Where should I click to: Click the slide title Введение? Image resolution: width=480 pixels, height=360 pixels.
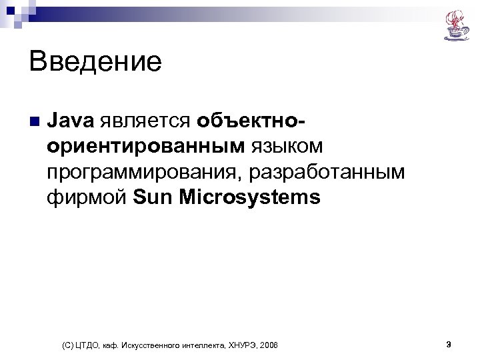tap(95, 63)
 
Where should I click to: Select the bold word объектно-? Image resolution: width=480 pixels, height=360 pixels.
tap(251, 121)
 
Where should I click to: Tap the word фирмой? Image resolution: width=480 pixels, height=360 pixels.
tap(87, 197)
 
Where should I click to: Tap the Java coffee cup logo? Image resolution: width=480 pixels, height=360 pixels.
tap(456, 25)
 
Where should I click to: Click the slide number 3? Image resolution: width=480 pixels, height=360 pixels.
tap(449, 344)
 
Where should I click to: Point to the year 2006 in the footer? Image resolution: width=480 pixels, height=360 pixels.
tap(269, 345)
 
